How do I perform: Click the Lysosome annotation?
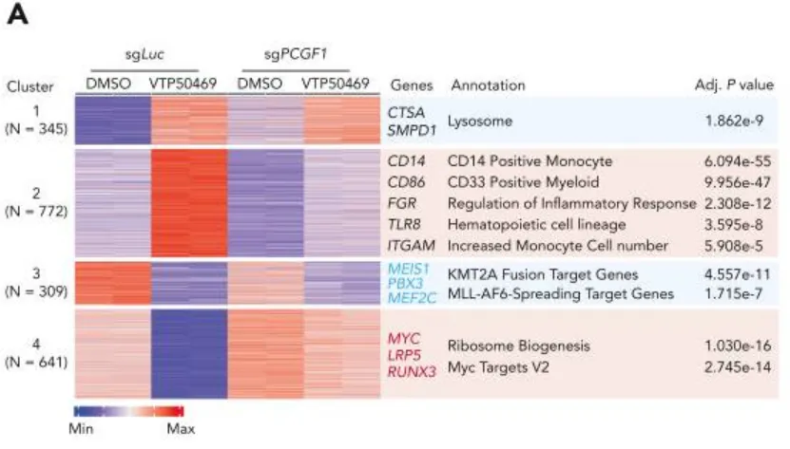[482, 122]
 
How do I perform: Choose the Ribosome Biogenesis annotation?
[510, 346]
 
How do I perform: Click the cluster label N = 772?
[36, 212]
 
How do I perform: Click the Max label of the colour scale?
[181, 430]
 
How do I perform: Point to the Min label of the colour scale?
[84, 430]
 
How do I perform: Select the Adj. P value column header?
[734, 85]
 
